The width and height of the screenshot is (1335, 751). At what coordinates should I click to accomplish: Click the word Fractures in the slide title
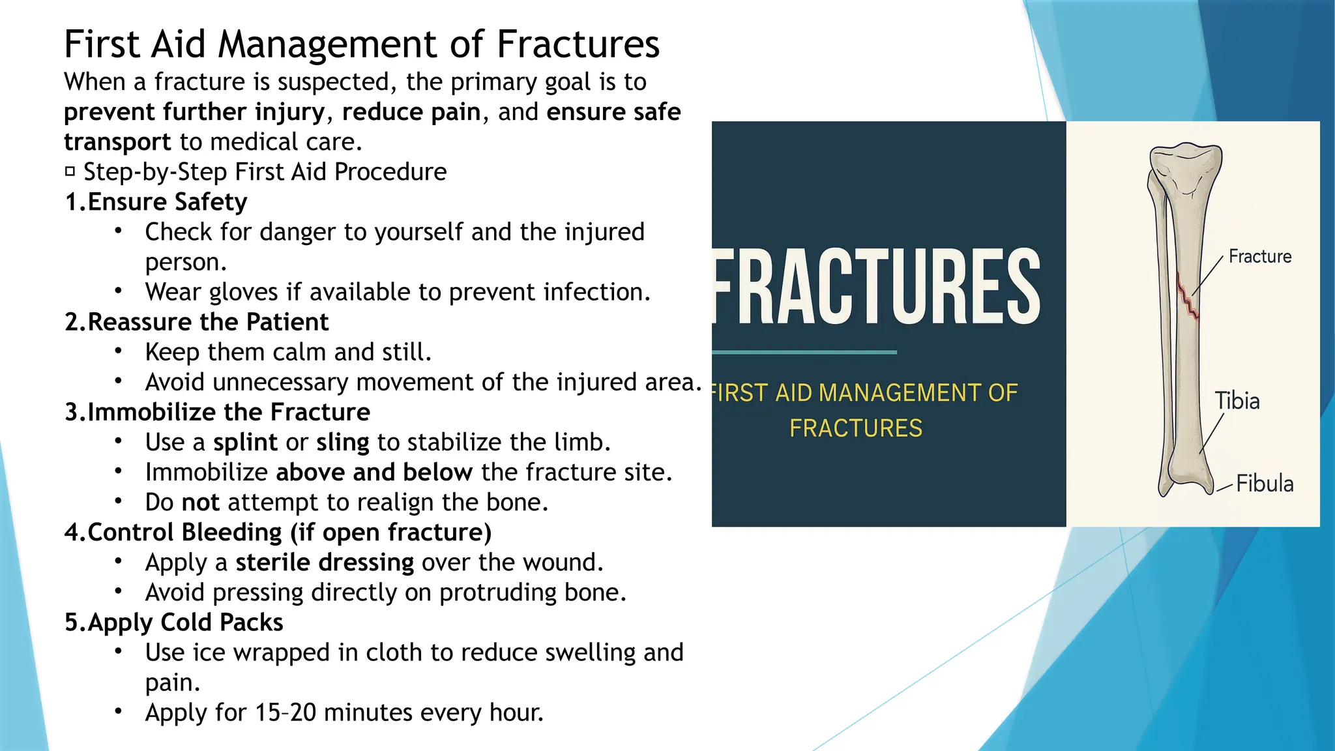click(x=578, y=44)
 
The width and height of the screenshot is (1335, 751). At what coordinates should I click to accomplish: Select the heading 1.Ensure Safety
click(x=156, y=202)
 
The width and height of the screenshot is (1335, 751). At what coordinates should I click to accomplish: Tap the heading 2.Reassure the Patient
click(x=196, y=322)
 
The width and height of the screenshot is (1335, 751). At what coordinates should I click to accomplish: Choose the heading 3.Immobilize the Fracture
click(x=217, y=412)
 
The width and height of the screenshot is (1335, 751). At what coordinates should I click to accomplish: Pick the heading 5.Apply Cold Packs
click(x=173, y=623)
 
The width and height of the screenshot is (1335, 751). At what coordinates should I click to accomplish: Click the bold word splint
click(x=245, y=443)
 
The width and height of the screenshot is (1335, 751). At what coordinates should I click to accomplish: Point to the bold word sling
click(x=343, y=443)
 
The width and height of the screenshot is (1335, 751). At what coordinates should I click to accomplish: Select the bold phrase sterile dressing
click(x=325, y=563)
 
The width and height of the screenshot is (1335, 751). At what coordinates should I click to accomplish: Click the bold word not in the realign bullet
click(x=201, y=503)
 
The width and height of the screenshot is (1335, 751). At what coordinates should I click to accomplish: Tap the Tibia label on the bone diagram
click(x=1237, y=401)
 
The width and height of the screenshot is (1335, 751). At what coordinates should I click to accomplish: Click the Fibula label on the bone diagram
click(x=1264, y=484)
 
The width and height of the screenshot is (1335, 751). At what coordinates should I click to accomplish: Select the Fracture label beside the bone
click(x=1259, y=257)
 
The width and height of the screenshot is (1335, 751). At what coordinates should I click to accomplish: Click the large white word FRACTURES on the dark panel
click(x=877, y=287)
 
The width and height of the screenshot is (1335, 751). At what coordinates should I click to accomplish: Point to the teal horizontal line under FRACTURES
click(x=804, y=352)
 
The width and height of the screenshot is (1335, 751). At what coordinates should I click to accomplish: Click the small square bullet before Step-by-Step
click(x=70, y=172)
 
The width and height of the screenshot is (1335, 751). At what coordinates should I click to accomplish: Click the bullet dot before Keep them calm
click(x=118, y=351)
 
